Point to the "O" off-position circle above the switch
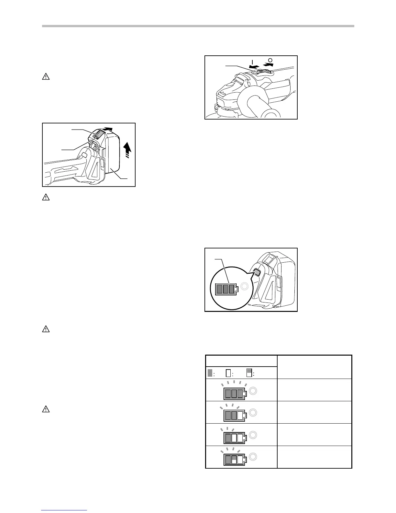(x=270, y=60)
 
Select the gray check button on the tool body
(x=257, y=272)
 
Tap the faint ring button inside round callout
(x=244, y=287)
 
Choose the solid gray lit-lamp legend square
(x=210, y=373)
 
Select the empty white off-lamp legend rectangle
(x=228, y=373)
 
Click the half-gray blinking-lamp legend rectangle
(x=249, y=373)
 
